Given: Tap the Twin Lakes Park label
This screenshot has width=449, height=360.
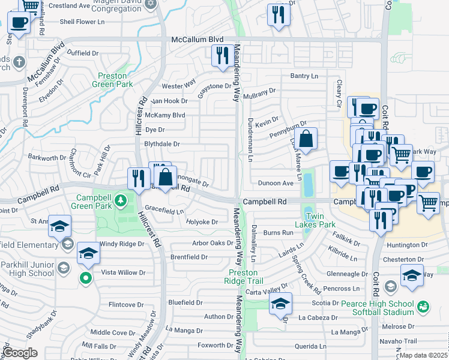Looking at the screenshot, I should (x=319, y=220).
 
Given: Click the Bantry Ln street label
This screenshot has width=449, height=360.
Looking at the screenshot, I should (x=304, y=76).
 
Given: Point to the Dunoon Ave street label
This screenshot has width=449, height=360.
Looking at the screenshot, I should (x=275, y=183).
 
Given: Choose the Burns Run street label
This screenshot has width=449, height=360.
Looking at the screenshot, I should (x=277, y=232).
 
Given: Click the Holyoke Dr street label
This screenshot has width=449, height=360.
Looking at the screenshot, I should (x=202, y=222).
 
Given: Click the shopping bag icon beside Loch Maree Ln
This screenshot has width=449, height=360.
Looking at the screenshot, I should (x=306, y=139).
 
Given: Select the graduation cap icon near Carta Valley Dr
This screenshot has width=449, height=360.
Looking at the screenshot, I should (x=280, y=303).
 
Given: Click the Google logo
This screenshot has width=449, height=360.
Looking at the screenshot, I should (x=20, y=353).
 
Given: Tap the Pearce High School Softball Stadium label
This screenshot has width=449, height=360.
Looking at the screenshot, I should (x=378, y=308).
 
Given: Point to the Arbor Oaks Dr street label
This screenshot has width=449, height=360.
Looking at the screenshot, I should (x=212, y=243).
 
